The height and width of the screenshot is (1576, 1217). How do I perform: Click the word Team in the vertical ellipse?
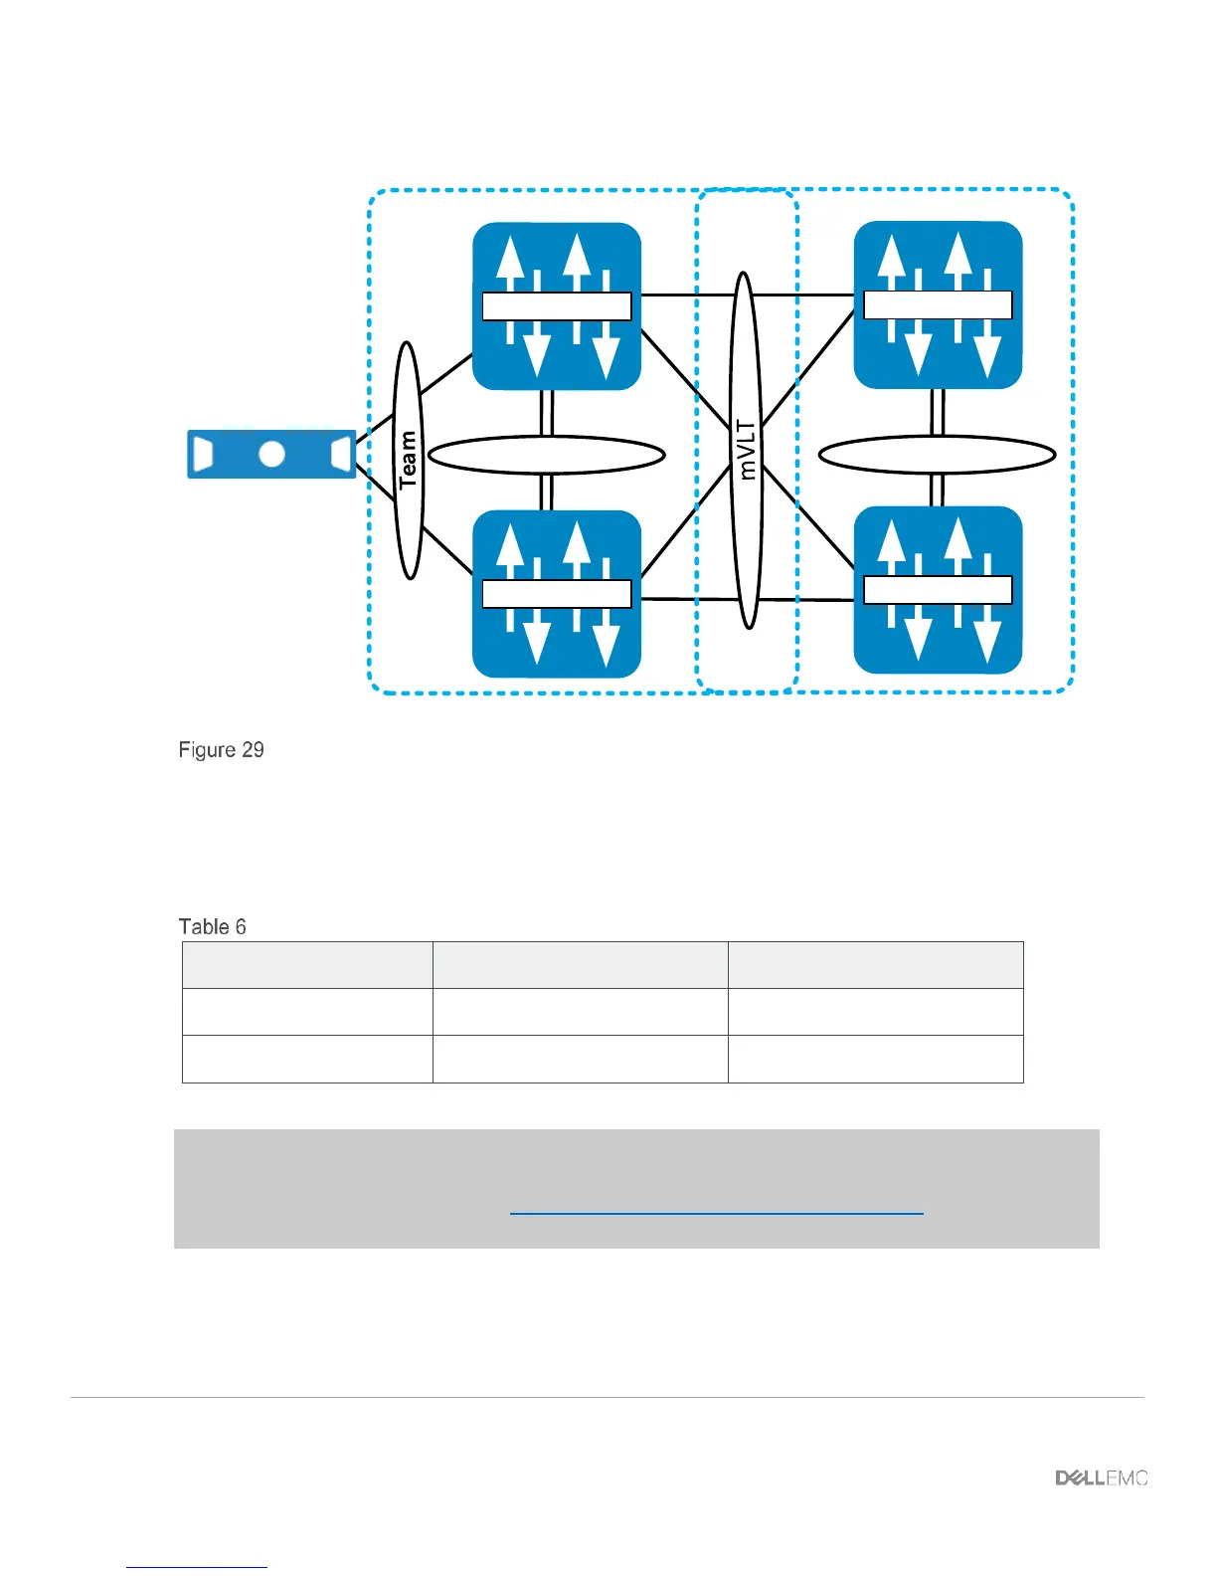coord(408,460)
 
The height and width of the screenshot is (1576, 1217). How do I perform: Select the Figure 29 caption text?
coord(222,750)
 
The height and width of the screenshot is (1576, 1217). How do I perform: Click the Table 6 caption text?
coord(213,927)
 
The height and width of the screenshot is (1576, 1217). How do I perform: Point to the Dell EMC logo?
coord(1101,1478)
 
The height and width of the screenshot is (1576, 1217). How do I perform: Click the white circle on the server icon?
coord(271,455)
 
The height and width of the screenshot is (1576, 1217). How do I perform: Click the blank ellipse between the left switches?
coord(546,456)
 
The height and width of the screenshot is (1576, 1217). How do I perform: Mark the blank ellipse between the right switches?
coord(937,456)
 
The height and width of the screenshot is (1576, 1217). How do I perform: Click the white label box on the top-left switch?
coord(557,306)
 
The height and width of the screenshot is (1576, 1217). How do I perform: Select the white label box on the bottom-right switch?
coord(938,590)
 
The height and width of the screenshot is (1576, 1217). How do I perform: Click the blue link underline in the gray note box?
coord(716,1214)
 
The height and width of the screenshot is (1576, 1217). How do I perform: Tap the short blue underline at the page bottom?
coord(197,1568)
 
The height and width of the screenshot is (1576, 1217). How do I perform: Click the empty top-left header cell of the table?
coord(307,965)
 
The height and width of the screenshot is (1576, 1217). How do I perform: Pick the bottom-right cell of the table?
coord(875,1059)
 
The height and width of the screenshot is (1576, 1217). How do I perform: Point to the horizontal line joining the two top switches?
coord(686,295)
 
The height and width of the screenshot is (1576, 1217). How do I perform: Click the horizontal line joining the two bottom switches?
coord(686,599)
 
